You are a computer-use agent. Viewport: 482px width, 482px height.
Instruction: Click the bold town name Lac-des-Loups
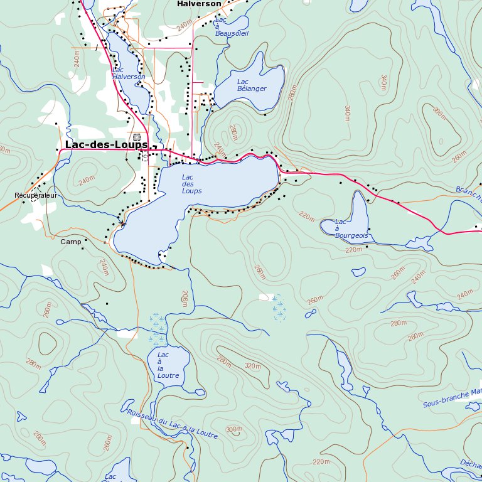[106, 145]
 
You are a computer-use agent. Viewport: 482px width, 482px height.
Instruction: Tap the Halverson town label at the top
[199, 4]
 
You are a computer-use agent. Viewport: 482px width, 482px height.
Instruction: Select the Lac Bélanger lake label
[251, 85]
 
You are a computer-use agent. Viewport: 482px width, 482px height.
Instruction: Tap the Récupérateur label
[36, 196]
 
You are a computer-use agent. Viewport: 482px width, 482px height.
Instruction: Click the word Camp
[71, 241]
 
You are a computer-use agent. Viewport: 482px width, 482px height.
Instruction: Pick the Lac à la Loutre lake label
[168, 365]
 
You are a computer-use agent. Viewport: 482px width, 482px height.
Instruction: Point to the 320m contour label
[252, 366]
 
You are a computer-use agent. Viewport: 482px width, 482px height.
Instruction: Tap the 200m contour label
[185, 298]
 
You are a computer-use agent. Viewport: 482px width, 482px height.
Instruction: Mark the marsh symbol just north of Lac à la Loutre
[158, 331]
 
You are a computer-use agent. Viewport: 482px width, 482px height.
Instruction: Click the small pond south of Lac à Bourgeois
[358, 272]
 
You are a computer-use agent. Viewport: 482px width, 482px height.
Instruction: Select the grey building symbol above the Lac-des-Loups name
[137, 136]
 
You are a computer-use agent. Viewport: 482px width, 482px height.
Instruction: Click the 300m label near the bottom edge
[233, 429]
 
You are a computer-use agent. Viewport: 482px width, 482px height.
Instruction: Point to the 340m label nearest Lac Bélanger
[346, 114]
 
